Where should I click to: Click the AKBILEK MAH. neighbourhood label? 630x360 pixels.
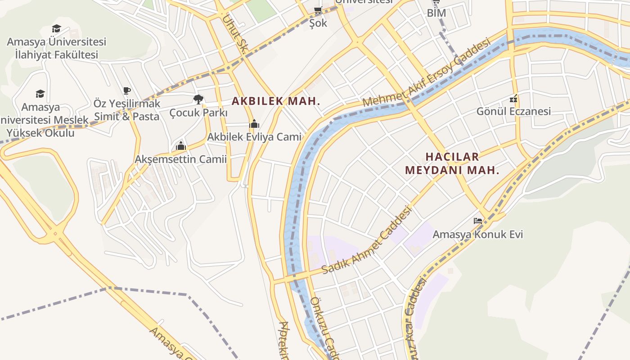276,101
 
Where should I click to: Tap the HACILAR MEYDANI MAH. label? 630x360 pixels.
452,163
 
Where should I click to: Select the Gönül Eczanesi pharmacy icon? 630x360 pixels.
513,99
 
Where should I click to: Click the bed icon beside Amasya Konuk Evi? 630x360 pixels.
477,221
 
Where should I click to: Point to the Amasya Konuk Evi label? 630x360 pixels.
477,234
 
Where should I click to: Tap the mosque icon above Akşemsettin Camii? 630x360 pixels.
181,146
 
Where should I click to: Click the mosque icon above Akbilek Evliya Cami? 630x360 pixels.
254,123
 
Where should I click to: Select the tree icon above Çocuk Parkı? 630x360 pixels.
198,99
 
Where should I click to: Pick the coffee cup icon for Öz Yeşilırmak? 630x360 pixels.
127,91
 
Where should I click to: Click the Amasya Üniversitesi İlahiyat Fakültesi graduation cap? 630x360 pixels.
56,29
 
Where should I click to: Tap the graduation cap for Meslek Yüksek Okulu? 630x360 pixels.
40,94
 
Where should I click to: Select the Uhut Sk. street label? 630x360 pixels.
233,36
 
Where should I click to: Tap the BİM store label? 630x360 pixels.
436,13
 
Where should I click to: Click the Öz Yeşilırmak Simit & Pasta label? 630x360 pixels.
127,110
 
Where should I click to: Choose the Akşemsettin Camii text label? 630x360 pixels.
181,159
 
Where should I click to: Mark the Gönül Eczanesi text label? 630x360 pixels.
513,111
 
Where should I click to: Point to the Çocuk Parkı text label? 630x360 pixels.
198,112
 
